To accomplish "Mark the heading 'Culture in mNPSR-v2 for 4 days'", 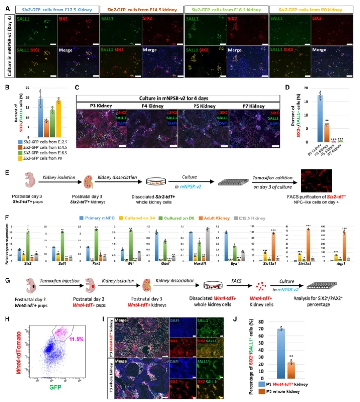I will coord(178,98).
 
